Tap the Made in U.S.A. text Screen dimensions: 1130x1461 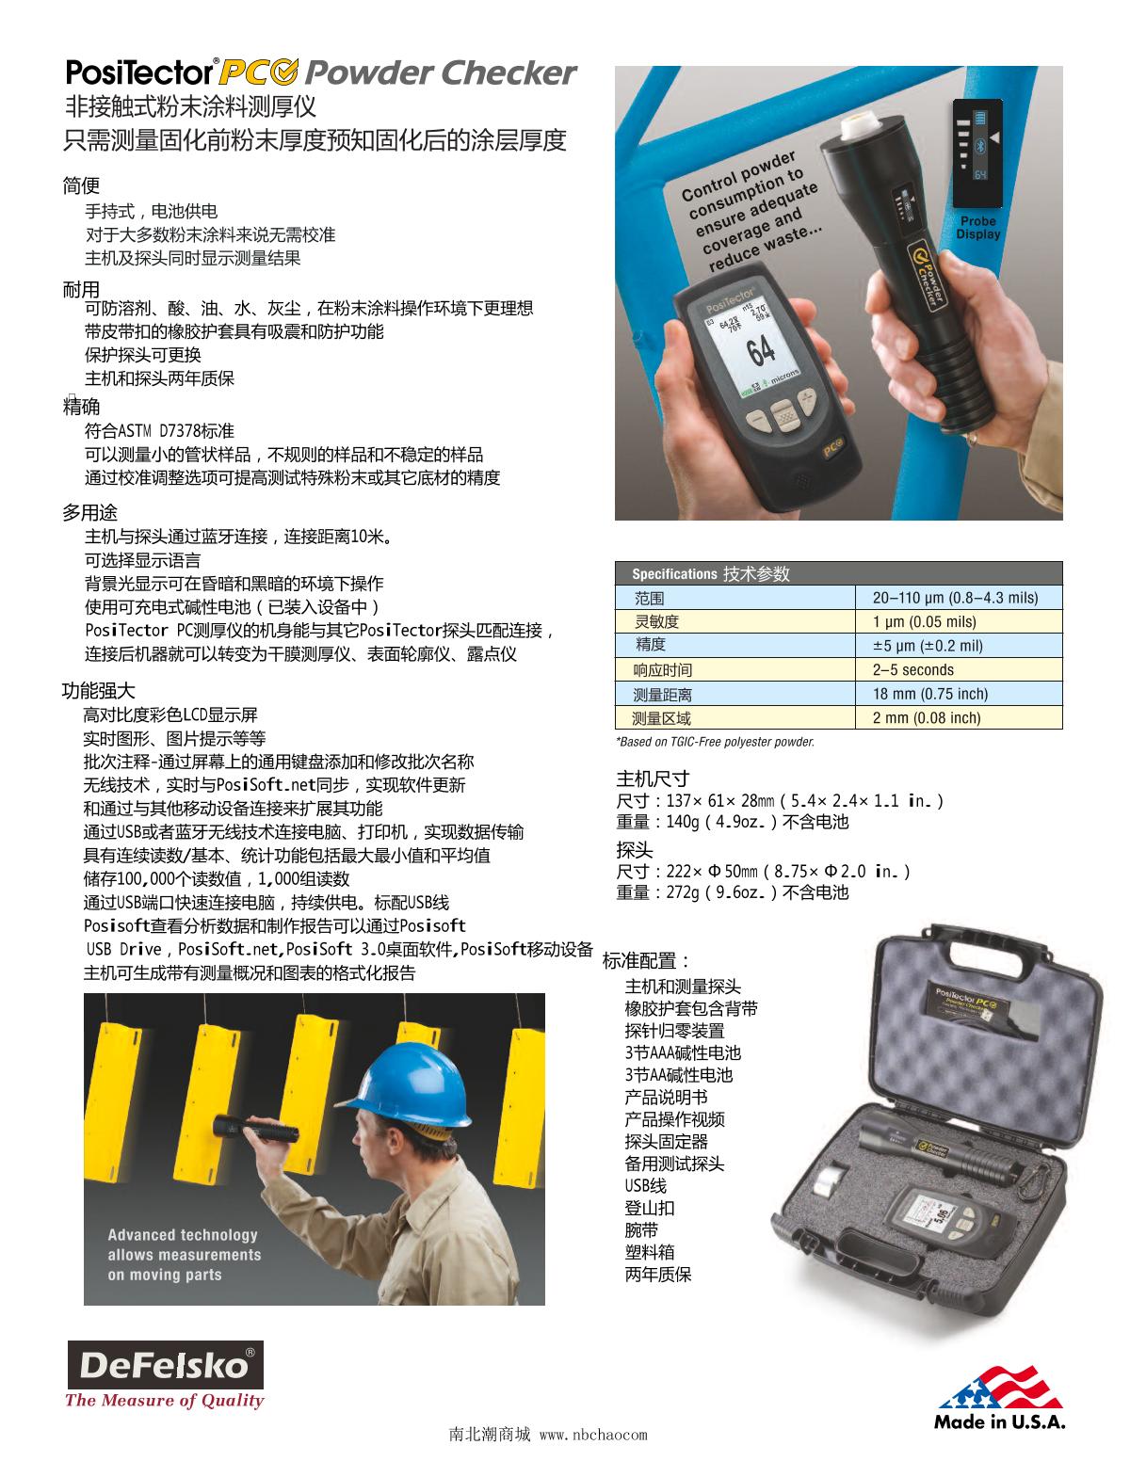point(999,1421)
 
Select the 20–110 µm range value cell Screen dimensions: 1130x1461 point(955,597)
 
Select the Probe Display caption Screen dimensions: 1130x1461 point(978,227)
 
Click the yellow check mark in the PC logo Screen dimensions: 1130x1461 point(287,72)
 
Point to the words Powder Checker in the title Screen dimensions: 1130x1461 point(441,72)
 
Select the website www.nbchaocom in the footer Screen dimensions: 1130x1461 point(593,1435)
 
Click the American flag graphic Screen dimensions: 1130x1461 point(1001,1388)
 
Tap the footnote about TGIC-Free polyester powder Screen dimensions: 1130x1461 point(716,742)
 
